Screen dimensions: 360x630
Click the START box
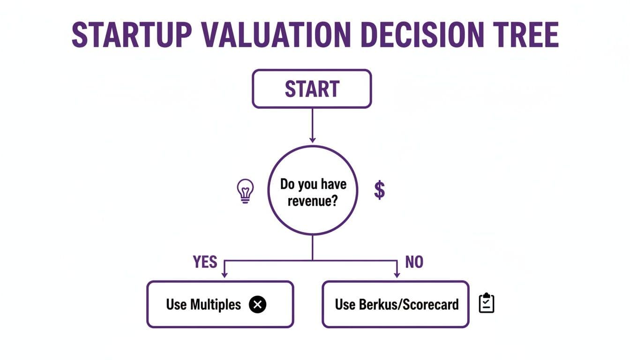312,89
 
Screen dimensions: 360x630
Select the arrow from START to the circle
312,124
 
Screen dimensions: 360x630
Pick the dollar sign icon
379,191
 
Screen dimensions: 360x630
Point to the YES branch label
205,262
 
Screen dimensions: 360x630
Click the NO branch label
414,262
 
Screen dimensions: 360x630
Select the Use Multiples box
220,304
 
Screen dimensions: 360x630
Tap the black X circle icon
257,305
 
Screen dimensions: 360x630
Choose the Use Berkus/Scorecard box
395,304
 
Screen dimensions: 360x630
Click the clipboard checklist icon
487,304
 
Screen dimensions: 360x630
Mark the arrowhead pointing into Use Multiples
224,275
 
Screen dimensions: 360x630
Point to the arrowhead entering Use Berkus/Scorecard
397,275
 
